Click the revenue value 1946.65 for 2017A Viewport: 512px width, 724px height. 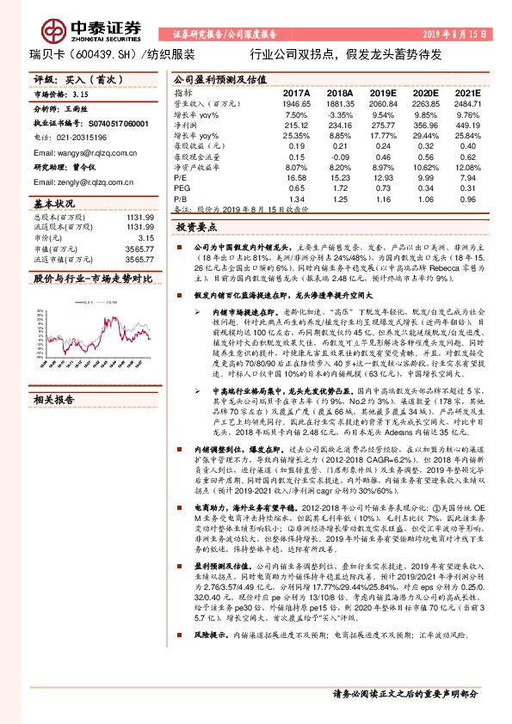click(293, 102)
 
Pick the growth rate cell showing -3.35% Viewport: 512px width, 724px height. click(341, 114)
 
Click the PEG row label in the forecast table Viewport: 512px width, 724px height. click(182, 188)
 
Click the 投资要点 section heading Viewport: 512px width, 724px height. click(195, 230)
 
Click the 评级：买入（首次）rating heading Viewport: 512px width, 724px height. click(72, 78)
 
